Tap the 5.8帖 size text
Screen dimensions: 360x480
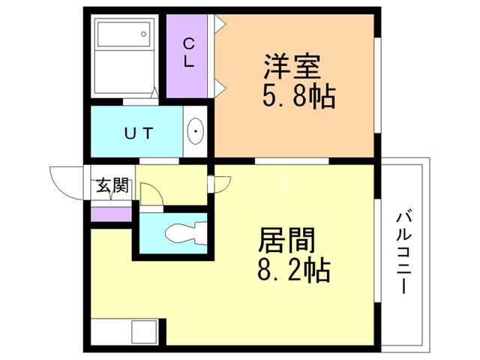point(298,97)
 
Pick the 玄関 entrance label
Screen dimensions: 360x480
point(110,186)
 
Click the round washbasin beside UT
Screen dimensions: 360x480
point(196,135)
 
